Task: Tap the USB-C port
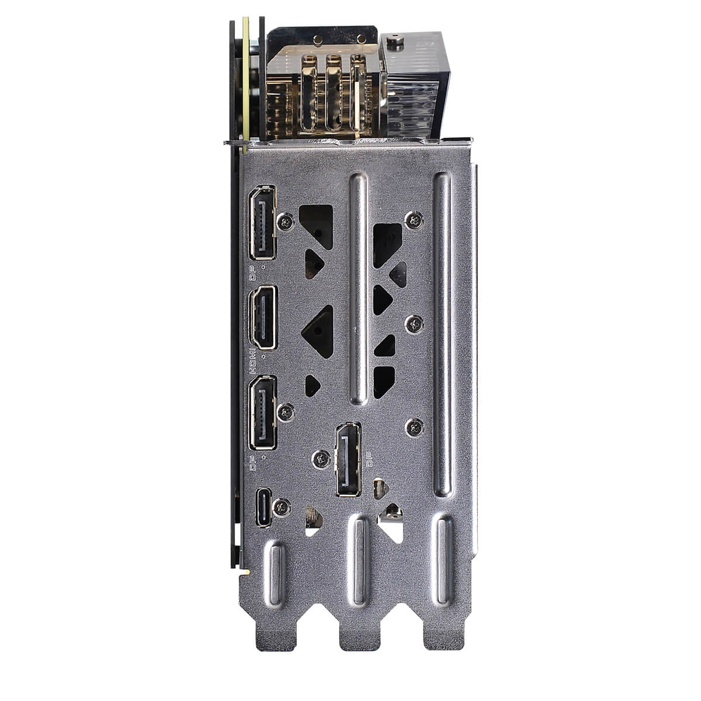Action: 263,507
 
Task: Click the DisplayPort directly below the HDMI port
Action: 262,412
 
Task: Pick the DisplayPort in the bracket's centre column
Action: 349,460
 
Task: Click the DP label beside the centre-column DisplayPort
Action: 369,460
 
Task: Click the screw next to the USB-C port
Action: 282,508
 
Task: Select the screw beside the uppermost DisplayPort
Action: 286,222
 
